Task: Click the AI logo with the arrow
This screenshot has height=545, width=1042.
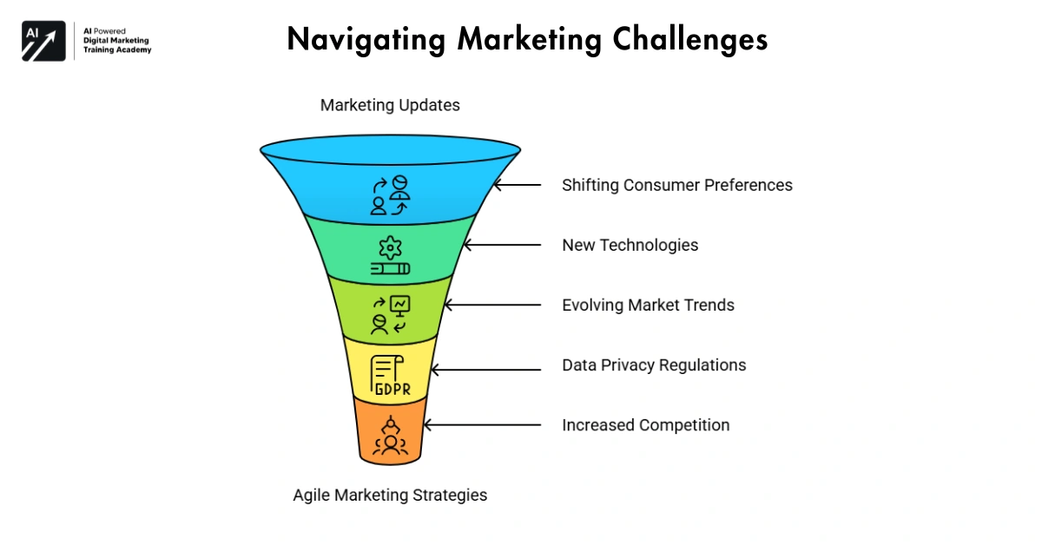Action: tap(43, 40)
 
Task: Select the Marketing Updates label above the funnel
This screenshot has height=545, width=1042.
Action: tap(390, 105)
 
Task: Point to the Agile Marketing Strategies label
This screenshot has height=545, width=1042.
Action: tap(390, 496)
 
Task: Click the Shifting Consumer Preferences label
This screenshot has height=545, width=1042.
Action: tap(676, 185)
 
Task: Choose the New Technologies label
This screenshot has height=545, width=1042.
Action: tap(630, 245)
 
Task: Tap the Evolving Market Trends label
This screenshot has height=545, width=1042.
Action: tap(648, 305)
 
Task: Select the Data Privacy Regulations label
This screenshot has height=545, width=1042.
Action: tap(654, 364)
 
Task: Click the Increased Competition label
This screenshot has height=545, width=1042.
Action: tap(645, 425)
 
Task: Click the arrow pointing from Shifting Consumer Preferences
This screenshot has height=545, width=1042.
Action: tap(518, 185)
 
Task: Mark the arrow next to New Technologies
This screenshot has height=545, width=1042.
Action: tap(502, 246)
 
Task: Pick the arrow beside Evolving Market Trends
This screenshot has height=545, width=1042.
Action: tap(491, 305)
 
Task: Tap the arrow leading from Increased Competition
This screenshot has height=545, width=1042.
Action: tap(481, 425)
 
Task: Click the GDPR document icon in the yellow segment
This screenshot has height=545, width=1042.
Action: tap(391, 375)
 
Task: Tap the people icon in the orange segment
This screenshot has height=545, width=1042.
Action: tap(391, 437)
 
